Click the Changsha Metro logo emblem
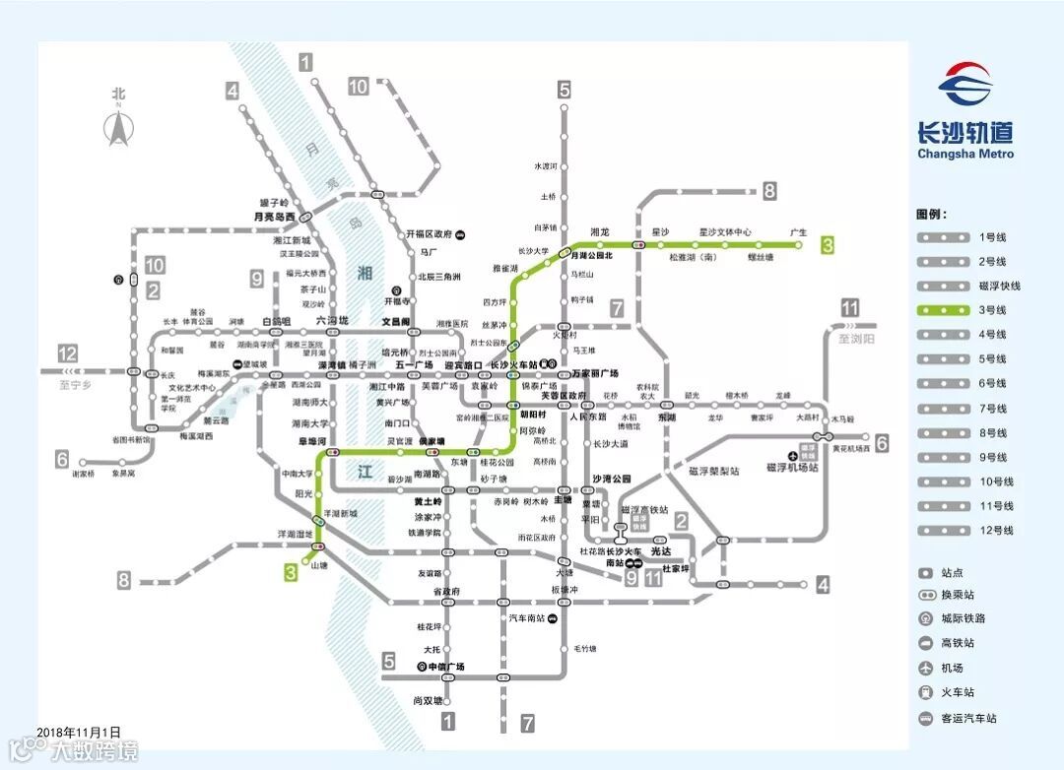point(964,85)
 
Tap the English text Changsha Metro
point(964,154)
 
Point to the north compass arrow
point(119,128)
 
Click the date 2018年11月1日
point(79,733)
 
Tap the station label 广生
point(798,233)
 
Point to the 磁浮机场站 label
point(793,467)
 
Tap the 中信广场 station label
point(446,667)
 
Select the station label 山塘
point(319,565)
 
